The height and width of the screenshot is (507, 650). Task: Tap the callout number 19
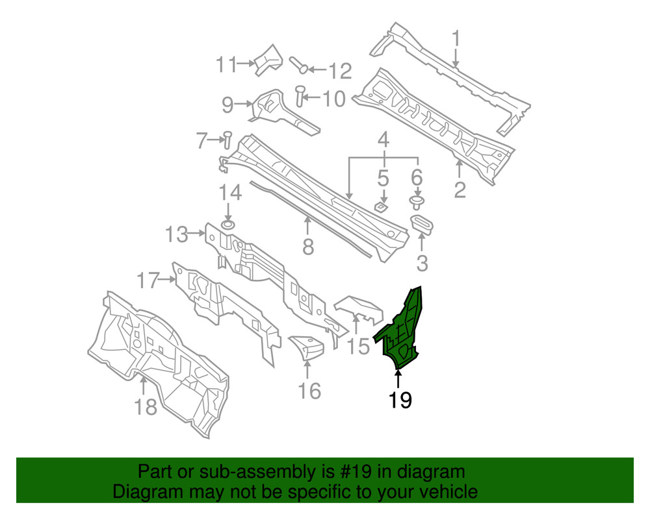pos(400,401)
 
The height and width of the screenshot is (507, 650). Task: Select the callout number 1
pos(456,38)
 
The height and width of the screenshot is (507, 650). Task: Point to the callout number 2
pos(460,190)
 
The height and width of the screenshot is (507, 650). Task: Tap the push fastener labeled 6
pos(417,201)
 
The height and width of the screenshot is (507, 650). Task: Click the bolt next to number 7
pos(227,137)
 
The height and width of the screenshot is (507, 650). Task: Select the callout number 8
pos(308,247)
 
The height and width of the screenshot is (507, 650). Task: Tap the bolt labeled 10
pos(300,96)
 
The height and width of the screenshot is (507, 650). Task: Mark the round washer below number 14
pos(228,225)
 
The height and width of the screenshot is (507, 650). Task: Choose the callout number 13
pos(176,234)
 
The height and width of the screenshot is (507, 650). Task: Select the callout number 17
pos(148,281)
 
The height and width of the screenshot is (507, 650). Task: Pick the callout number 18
pos(146,407)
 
